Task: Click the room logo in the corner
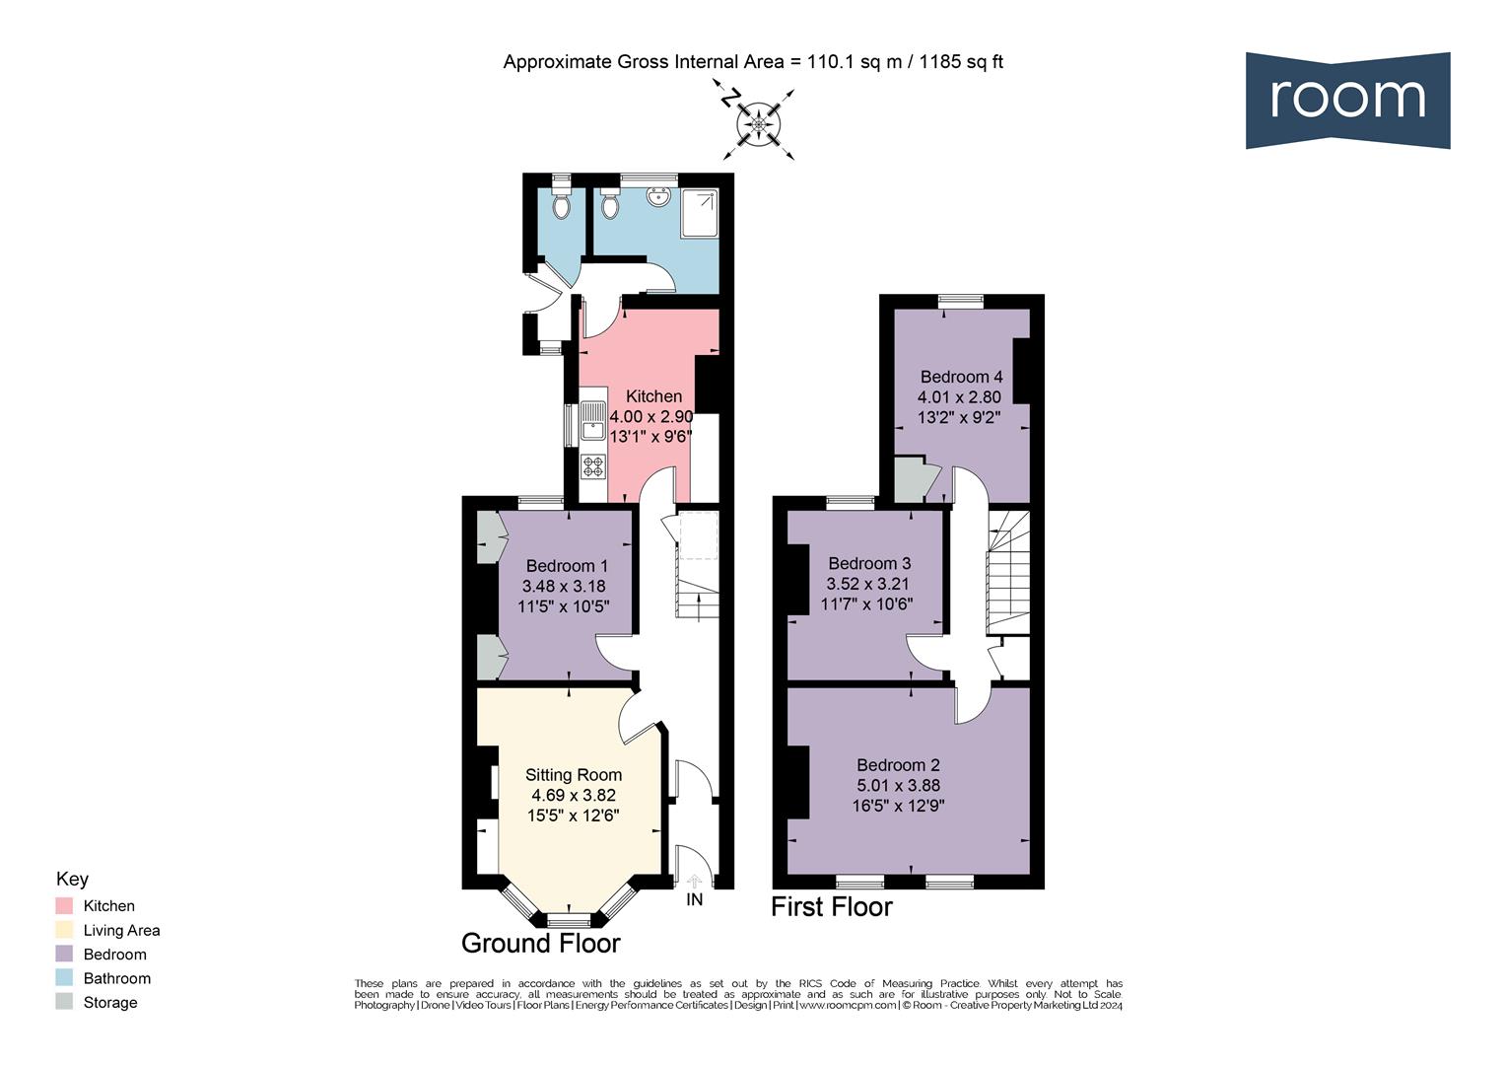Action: click(x=1347, y=100)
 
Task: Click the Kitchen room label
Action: click(x=653, y=396)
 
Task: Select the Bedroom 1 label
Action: click(x=567, y=566)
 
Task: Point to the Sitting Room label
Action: click(x=574, y=775)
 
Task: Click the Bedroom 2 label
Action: click(x=898, y=765)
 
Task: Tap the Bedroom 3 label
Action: click(x=869, y=563)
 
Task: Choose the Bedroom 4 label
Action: click(x=961, y=377)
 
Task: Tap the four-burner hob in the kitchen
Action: click(x=593, y=465)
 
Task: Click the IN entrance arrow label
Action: click(x=695, y=899)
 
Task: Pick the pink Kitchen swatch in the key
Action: click(x=64, y=906)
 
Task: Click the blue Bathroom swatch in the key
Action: click(x=64, y=978)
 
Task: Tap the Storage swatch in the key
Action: click(x=64, y=1003)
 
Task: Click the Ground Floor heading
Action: click(x=541, y=944)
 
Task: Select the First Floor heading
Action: click(x=831, y=907)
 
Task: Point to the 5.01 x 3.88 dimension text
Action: click(x=898, y=786)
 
